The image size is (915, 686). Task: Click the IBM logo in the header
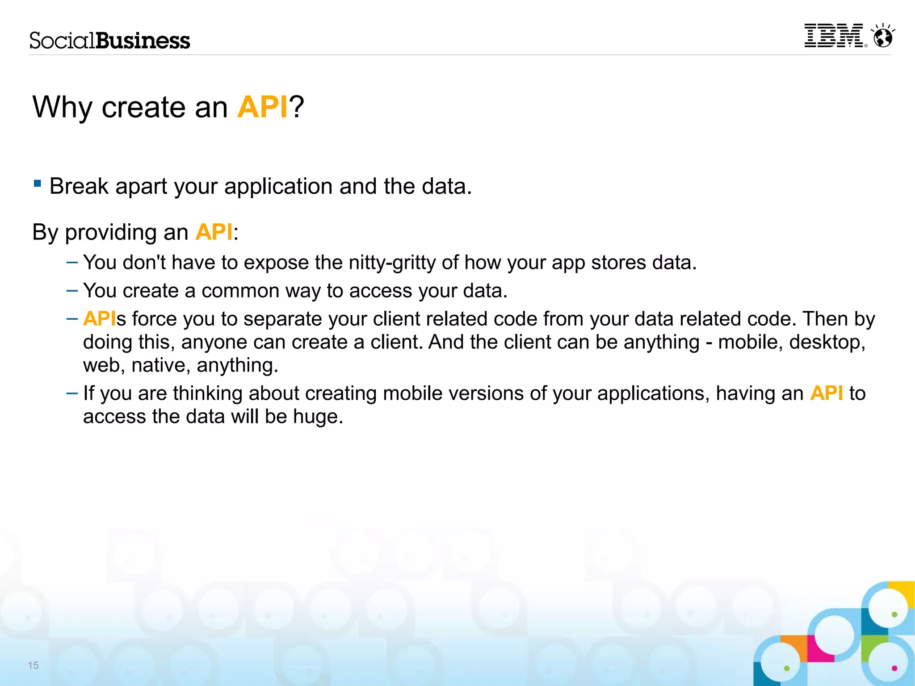834,36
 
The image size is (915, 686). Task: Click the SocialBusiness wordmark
109,41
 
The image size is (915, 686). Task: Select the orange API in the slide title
262,107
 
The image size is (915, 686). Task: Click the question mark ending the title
296,107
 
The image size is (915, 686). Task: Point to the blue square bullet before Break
38,183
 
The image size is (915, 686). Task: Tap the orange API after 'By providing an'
214,232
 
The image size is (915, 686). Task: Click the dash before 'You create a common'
72,291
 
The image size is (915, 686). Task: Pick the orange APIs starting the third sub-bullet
100,319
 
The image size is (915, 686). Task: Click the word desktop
827,343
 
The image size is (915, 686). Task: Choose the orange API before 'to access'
826,393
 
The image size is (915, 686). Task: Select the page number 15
34,665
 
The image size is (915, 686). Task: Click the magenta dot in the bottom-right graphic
894,668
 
